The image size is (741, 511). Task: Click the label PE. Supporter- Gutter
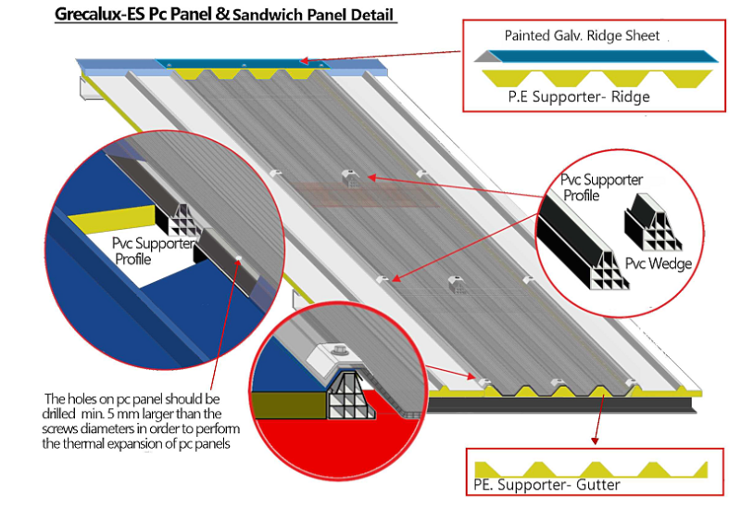click(541, 485)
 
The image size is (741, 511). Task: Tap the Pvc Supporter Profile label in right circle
click(601, 187)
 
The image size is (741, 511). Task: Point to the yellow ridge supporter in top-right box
click(593, 75)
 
